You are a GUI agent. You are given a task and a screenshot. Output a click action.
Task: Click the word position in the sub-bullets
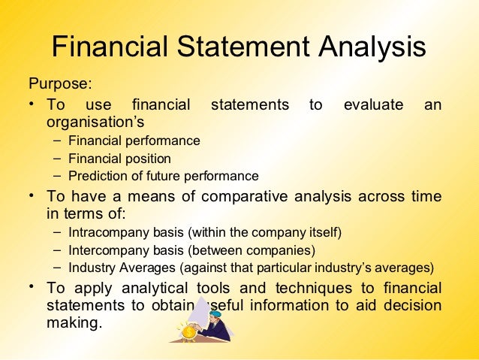click(x=146, y=159)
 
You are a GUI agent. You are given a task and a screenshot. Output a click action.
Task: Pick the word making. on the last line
click(x=73, y=324)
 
